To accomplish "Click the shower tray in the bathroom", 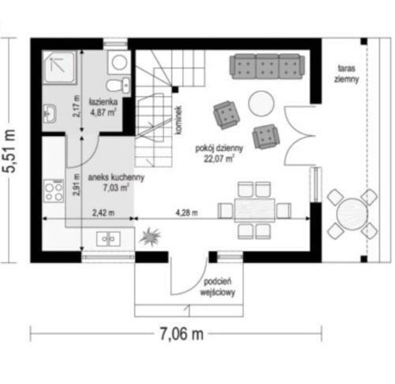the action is (x=59, y=67).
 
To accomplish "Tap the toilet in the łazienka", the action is (x=118, y=85).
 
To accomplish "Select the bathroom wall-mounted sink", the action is (x=50, y=114).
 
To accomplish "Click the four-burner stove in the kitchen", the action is (x=54, y=191).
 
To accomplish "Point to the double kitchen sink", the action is (x=108, y=239).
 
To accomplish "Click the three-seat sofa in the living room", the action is (x=267, y=66).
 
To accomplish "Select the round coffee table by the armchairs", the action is (x=261, y=104).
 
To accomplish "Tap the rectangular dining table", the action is (x=254, y=210).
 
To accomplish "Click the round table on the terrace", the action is (x=352, y=214).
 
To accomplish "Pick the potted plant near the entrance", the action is (x=150, y=236).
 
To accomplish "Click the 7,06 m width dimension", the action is (x=182, y=334).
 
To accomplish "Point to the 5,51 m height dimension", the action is (x=9, y=151).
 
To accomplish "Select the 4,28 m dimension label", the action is (x=186, y=213).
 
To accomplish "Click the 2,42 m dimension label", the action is (x=103, y=213).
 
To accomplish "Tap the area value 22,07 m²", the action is (x=219, y=159).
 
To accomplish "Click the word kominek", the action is (x=179, y=120).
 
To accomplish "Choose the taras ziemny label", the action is (x=347, y=73).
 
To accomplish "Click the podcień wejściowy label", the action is (x=217, y=287).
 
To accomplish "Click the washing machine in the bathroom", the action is (x=119, y=62).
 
